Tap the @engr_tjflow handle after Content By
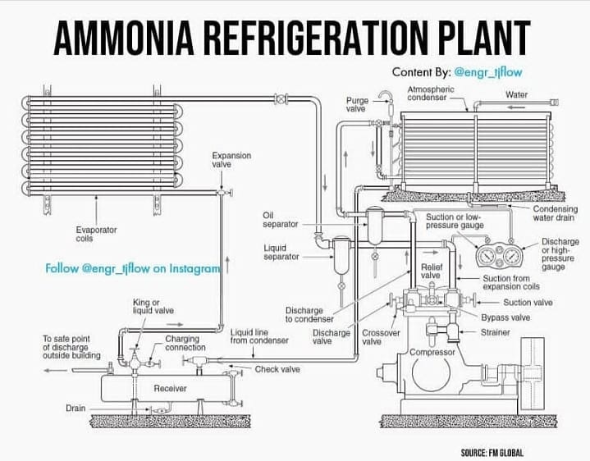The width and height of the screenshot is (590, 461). click(x=488, y=72)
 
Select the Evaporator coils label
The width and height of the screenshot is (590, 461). click(x=96, y=234)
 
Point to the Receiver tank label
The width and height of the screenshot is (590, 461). click(x=170, y=389)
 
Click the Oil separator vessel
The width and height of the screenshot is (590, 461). click(x=375, y=226)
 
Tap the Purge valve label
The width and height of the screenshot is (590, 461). click(x=357, y=104)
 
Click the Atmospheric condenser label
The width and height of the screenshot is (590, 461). click(x=431, y=94)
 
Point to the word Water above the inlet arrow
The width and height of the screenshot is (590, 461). click(x=517, y=95)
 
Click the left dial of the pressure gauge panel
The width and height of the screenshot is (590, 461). click(x=487, y=256)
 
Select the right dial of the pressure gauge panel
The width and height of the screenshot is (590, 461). click(x=511, y=256)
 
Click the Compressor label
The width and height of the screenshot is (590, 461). click(x=432, y=353)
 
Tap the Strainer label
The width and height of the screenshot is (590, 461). click(x=496, y=332)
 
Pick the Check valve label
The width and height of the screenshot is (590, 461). click(x=277, y=369)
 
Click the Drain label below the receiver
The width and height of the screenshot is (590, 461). click(x=75, y=408)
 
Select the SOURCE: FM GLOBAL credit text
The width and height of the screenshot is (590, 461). click(x=492, y=453)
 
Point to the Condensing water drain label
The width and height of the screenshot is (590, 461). click(x=555, y=213)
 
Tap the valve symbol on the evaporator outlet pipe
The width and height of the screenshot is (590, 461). click(x=281, y=99)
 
